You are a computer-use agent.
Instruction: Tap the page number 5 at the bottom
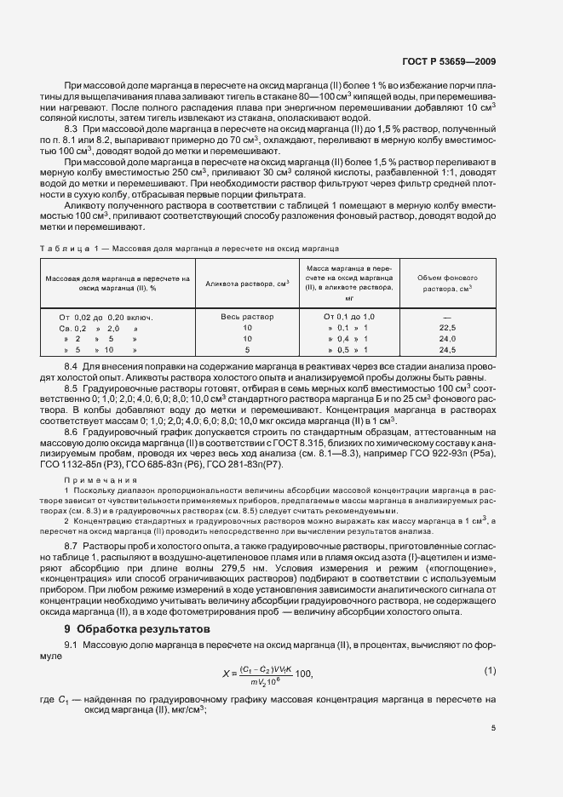click(493, 728)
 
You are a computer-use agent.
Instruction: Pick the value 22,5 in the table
click(448, 327)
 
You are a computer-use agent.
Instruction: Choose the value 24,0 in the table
click(448, 338)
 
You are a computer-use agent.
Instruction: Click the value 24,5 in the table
click(448, 349)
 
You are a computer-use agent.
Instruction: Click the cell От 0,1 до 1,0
click(349, 316)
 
